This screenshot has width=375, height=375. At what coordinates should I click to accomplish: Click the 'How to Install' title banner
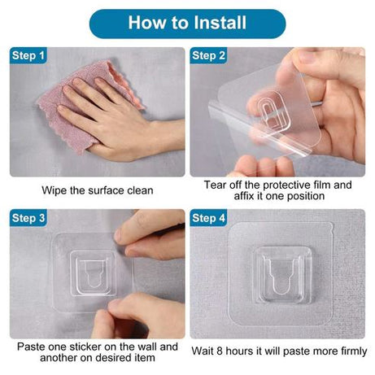pyautogui.click(x=187, y=23)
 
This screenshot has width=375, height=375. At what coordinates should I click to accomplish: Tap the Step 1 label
pyautogui.click(x=28, y=55)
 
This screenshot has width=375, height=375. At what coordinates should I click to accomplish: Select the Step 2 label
pyautogui.click(x=209, y=55)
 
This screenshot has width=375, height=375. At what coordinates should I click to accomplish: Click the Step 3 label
pyautogui.click(x=28, y=218)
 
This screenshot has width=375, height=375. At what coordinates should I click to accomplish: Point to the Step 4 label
pyautogui.click(x=209, y=218)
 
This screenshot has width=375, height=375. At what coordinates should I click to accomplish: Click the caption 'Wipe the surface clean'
pyautogui.click(x=98, y=190)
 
